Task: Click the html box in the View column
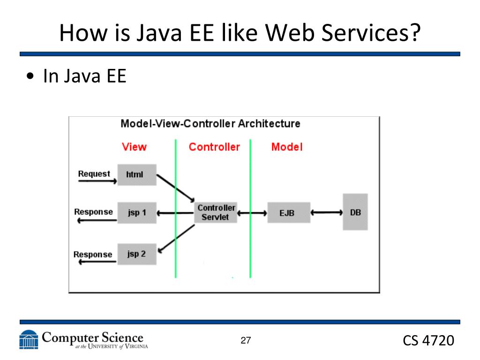pos(136,175)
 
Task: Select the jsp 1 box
pos(136,212)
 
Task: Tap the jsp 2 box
pos(136,254)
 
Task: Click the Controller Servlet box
pos(216,212)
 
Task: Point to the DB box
pos(355,212)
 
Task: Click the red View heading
pos(134,147)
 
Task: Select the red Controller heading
pos(214,147)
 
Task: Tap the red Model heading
pos(287,147)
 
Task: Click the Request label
pos(94,174)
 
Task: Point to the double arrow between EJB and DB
pos(327,212)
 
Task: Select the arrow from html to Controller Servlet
pos(175,187)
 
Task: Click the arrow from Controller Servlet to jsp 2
pos(176,238)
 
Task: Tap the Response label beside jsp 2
pos(93,255)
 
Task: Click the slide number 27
pos(246,340)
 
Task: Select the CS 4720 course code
pos(428,341)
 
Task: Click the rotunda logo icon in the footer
pos(29,339)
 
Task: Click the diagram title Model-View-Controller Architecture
pos(210,124)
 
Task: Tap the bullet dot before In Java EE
pos(31,77)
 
